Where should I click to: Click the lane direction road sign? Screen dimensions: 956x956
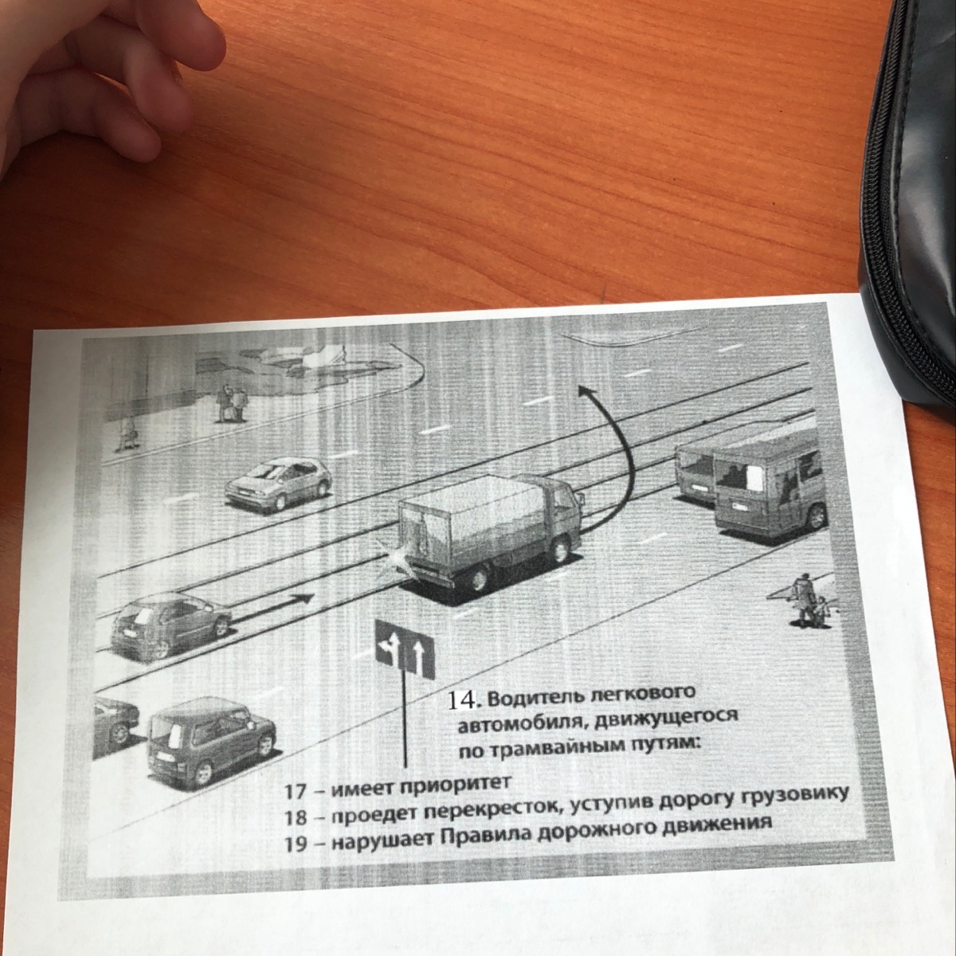tap(405, 649)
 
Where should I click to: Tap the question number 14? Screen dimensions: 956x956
tap(462, 700)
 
